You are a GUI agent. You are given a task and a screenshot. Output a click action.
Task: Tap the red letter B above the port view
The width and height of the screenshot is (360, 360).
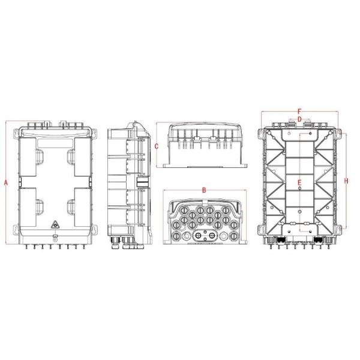[x=203, y=190]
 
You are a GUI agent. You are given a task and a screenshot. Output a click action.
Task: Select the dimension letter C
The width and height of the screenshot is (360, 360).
[x=156, y=146]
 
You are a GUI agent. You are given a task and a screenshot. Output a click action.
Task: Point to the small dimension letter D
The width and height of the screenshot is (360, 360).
[x=299, y=119]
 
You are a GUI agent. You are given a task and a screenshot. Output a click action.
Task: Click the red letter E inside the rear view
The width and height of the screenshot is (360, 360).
[x=299, y=182]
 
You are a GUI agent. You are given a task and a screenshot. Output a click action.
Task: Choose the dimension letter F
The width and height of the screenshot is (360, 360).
[x=299, y=111]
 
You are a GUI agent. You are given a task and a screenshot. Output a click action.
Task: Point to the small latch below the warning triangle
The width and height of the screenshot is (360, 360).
[x=57, y=239]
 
